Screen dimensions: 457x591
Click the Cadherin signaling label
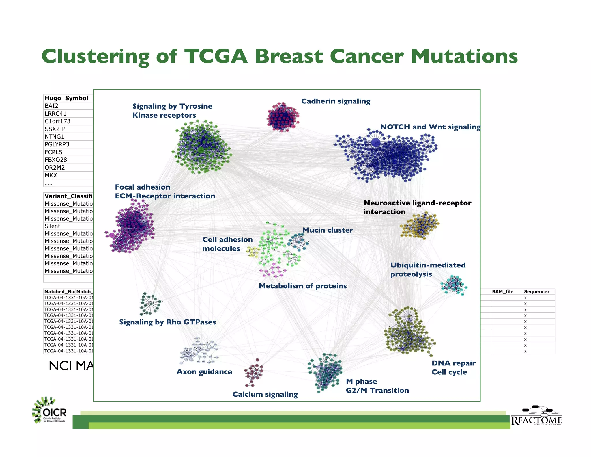pyautogui.click(x=336, y=101)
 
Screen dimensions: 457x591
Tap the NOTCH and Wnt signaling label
pyautogui.click(x=430, y=127)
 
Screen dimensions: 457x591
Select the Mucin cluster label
pyautogui.click(x=328, y=230)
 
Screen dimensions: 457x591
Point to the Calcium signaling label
pyautogui.click(x=265, y=395)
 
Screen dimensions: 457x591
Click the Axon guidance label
pyautogui.click(x=204, y=372)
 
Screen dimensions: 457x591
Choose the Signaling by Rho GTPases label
pyautogui.click(x=167, y=322)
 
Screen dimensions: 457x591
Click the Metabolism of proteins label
pyautogui.click(x=302, y=286)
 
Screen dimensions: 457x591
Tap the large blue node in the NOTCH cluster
pyautogui.click(x=375, y=142)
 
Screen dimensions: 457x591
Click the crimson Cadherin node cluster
pyautogui.click(x=283, y=117)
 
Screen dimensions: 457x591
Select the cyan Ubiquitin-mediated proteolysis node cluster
pyautogui.click(x=453, y=285)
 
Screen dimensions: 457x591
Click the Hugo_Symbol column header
pyautogui.click(x=67, y=98)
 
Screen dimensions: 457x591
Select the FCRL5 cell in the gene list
pyautogui.click(x=53, y=152)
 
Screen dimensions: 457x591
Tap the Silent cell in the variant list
pyautogui.click(x=53, y=226)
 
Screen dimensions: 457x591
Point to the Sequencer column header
pyautogui.click(x=536, y=292)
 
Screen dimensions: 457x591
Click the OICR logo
pyautogui.click(x=49, y=410)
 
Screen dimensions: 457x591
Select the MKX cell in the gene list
pyautogui.click(x=51, y=175)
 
